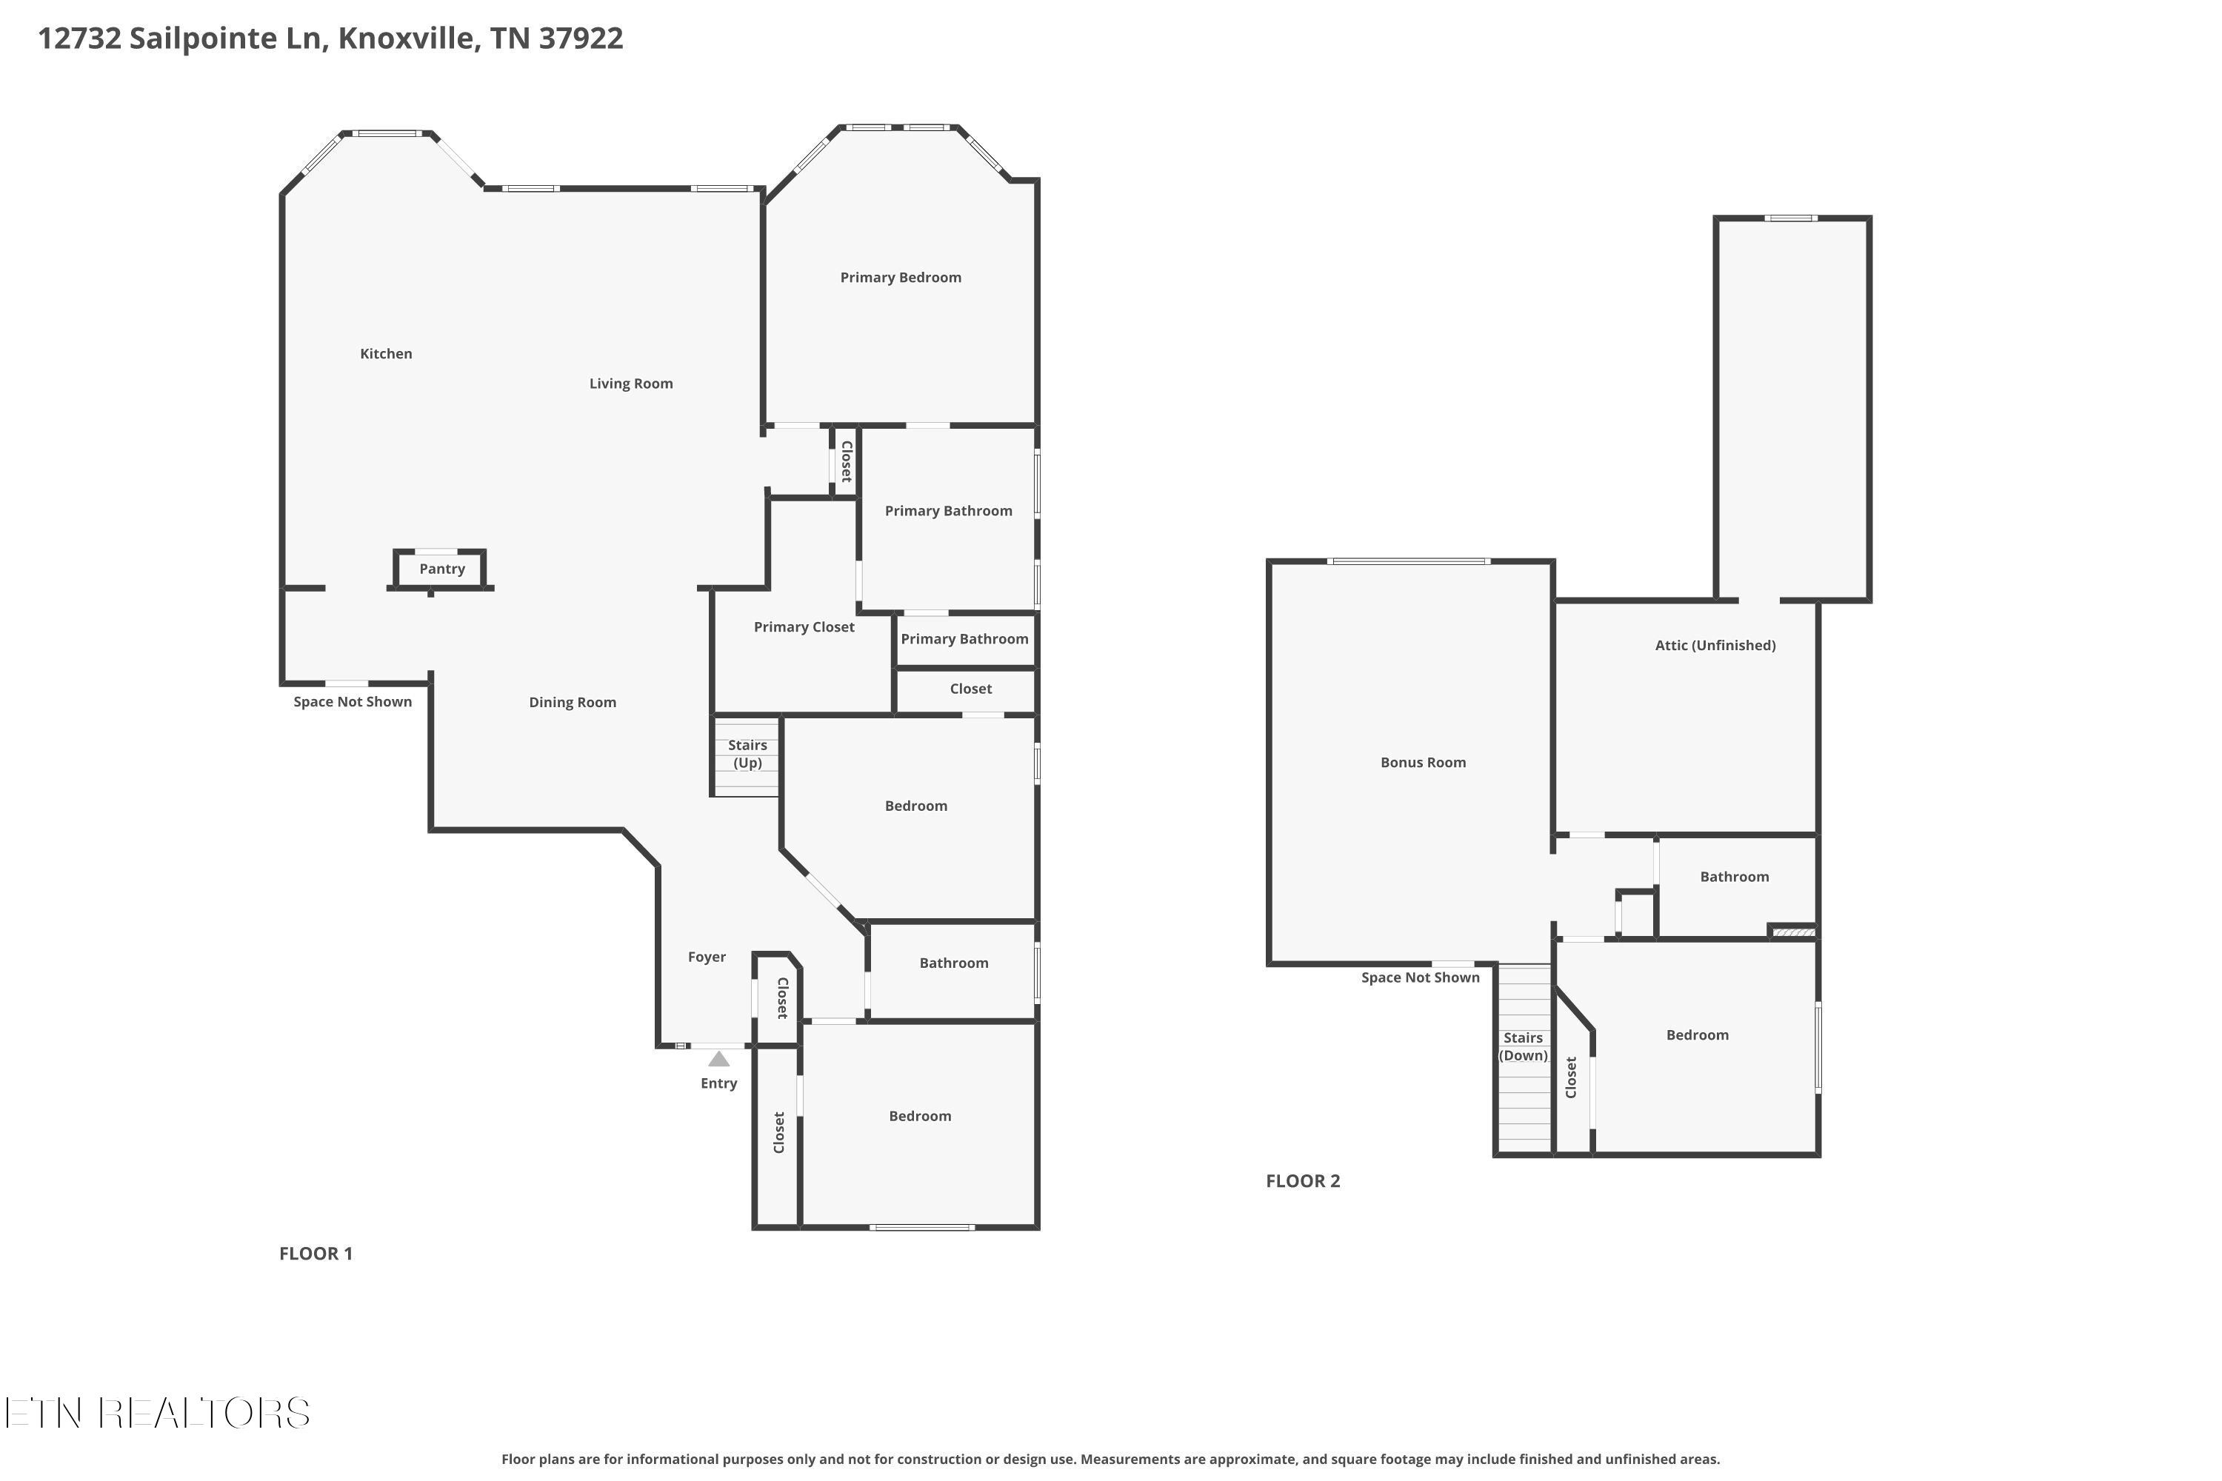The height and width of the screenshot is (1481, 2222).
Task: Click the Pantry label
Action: [442, 569]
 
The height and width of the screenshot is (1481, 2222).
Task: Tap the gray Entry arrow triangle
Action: [719, 1059]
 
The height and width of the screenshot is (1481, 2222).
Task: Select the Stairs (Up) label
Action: [747, 754]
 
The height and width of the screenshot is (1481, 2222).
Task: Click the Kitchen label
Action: [385, 353]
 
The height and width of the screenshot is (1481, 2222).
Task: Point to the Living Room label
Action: [631, 384]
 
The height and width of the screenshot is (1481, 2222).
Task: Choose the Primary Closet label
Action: [804, 627]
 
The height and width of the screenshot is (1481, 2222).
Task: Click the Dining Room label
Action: [573, 702]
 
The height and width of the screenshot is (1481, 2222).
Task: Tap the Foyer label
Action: [707, 957]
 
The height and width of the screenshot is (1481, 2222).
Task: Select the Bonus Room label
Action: [1423, 762]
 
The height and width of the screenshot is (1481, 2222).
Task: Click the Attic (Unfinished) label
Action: [1715, 645]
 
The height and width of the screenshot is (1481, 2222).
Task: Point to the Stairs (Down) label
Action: [1523, 1046]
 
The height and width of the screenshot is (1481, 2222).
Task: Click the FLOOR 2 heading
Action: [1303, 1180]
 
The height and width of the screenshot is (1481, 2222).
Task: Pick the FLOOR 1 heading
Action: [316, 1254]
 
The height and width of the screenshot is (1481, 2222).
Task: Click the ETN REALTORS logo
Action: [157, 1413]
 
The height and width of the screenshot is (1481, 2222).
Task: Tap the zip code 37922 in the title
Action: [580, 39]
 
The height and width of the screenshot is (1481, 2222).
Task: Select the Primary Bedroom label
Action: [901, 277]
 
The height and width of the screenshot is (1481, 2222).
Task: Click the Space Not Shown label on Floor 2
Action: [1420, 977]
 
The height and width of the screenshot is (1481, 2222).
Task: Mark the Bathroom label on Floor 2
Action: [1735, 877]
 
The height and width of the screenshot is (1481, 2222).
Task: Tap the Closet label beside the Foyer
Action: [782, 998]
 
